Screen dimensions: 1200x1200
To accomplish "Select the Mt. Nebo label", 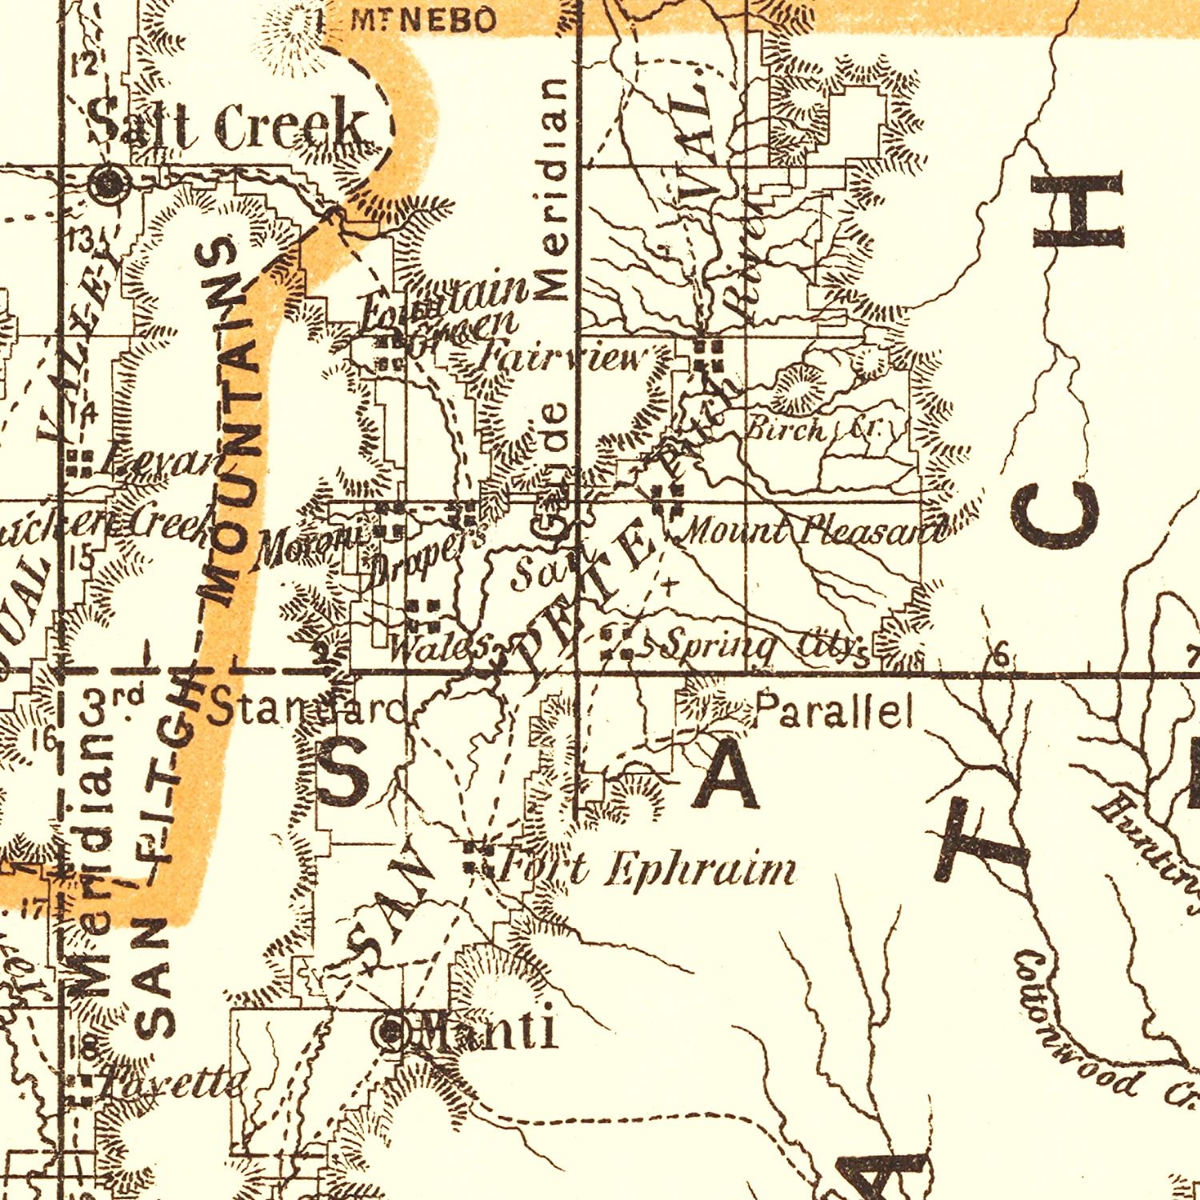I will (x=423, y=21).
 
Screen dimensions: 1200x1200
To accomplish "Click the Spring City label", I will (x=764, y=646).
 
